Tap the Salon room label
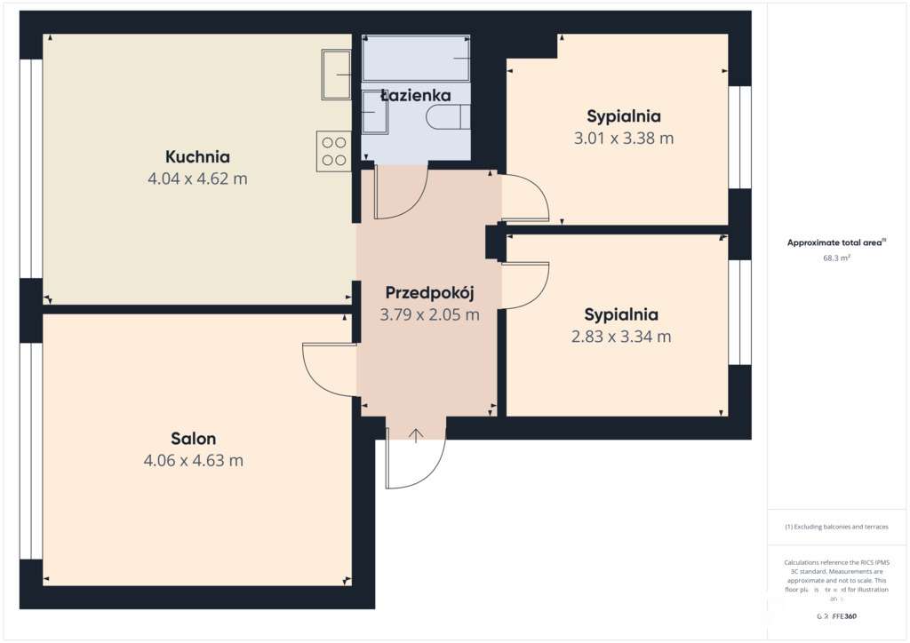[194, 439]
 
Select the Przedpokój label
[430, 293]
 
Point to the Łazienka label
[416, 95]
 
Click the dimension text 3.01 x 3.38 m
[624, 138]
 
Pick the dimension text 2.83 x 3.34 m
[621, 337]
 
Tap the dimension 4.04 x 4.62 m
[197, 179]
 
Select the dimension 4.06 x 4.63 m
[193, 461]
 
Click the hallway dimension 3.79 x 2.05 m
[430, 314]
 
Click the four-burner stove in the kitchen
[334, 151]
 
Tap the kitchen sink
[337, 75]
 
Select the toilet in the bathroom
[444, 118]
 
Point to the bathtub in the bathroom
[416, 59]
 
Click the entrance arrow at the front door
[416, 434]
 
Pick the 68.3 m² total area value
[836, 258]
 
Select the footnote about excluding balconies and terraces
[836, 527]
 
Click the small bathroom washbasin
[375, 113]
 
